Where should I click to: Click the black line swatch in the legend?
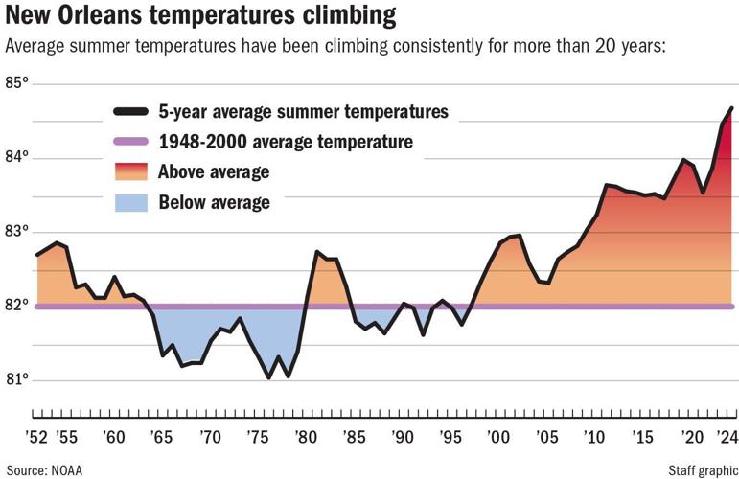click(x=130, y=112)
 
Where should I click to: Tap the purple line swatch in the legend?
click(x=130, y=142)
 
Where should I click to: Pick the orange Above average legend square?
click(x=130, y=171)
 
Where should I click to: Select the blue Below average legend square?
click(x=130, y=202)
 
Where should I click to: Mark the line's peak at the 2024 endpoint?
click(x=731, y=108)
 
